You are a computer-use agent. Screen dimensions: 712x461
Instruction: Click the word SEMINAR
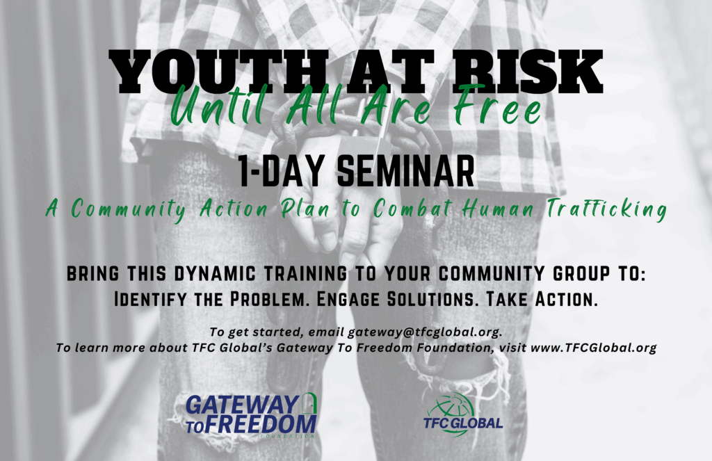point(405,171)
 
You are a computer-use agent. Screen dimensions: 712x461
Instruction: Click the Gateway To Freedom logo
point(251,415)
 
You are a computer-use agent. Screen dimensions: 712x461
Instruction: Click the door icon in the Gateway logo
point(309,403)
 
